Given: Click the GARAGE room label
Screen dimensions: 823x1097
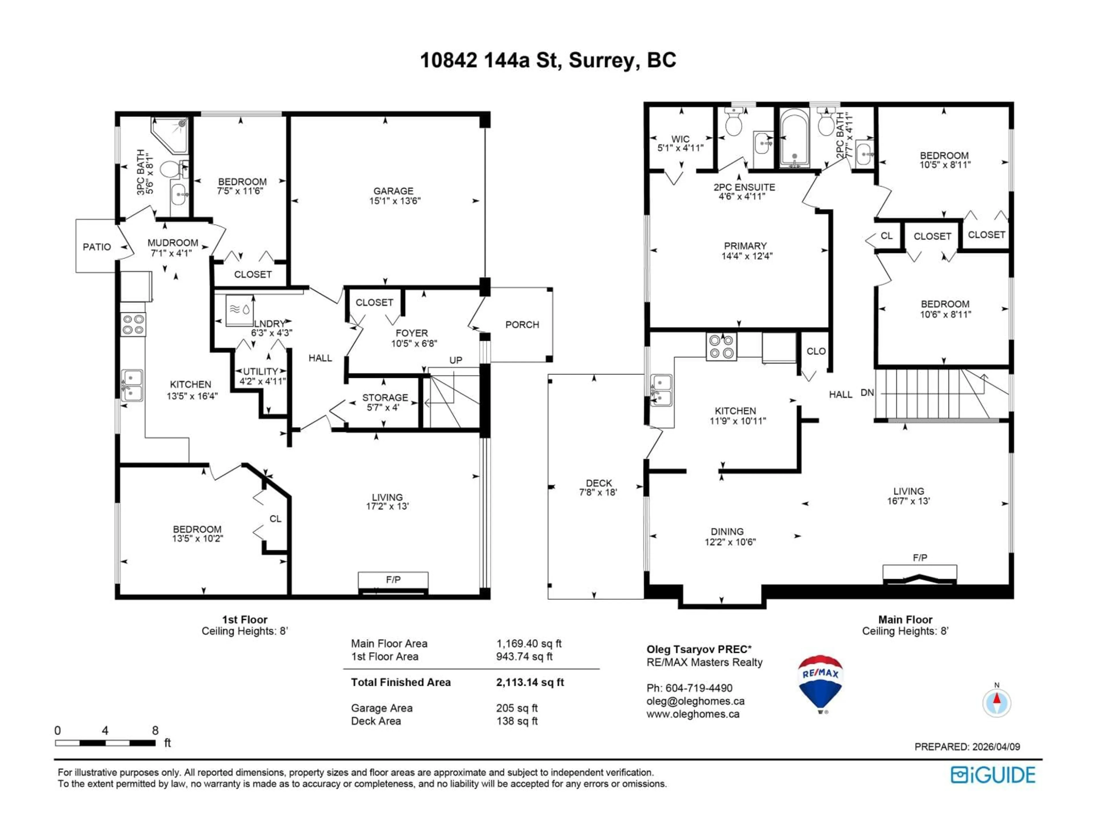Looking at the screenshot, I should pyautogui.click(x=393, y=191).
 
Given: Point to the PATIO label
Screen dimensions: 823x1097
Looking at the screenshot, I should pyautogui.click(x=97, y=247).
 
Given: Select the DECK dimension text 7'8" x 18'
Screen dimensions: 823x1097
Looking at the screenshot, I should pyautogui.click(x=598, y=493).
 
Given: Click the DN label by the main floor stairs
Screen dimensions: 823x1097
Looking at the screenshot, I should pyautogui.click(x=867, y=393).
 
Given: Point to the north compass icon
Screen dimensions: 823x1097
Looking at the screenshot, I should pyautogui.click(x=996, y=702).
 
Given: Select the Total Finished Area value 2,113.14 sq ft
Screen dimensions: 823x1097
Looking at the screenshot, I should pyautogui.click(x=530, y=682).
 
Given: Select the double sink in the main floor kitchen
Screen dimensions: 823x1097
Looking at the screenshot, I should pyautogui.click(x=662, y=390).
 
